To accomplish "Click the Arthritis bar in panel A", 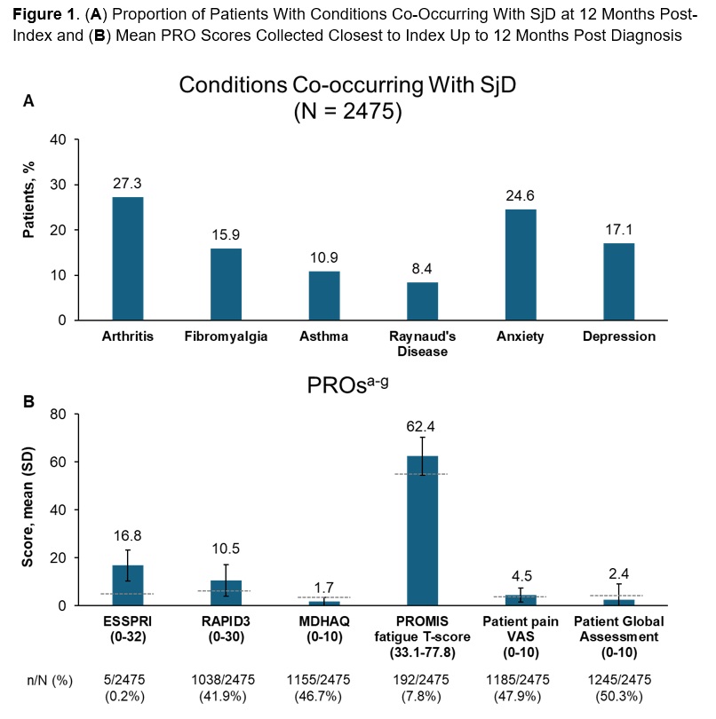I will [x=128, y=258].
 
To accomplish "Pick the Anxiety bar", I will [x=521, y=265].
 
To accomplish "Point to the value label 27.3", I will [x=128, y=184].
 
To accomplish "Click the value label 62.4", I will [x=423, y=425].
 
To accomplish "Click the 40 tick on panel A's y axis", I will [x=57, y=140].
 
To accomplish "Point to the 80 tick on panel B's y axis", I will [x=57, y=415].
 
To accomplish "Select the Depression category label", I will [x=619, y=336].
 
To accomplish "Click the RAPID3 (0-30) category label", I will [x=226, y=628].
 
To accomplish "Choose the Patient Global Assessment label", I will [x=619, y=628].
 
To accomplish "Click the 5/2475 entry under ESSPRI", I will [x=128, y=680].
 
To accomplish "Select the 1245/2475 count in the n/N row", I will [x=619, y=680].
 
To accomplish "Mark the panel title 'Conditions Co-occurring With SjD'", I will [x=347, y=85].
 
